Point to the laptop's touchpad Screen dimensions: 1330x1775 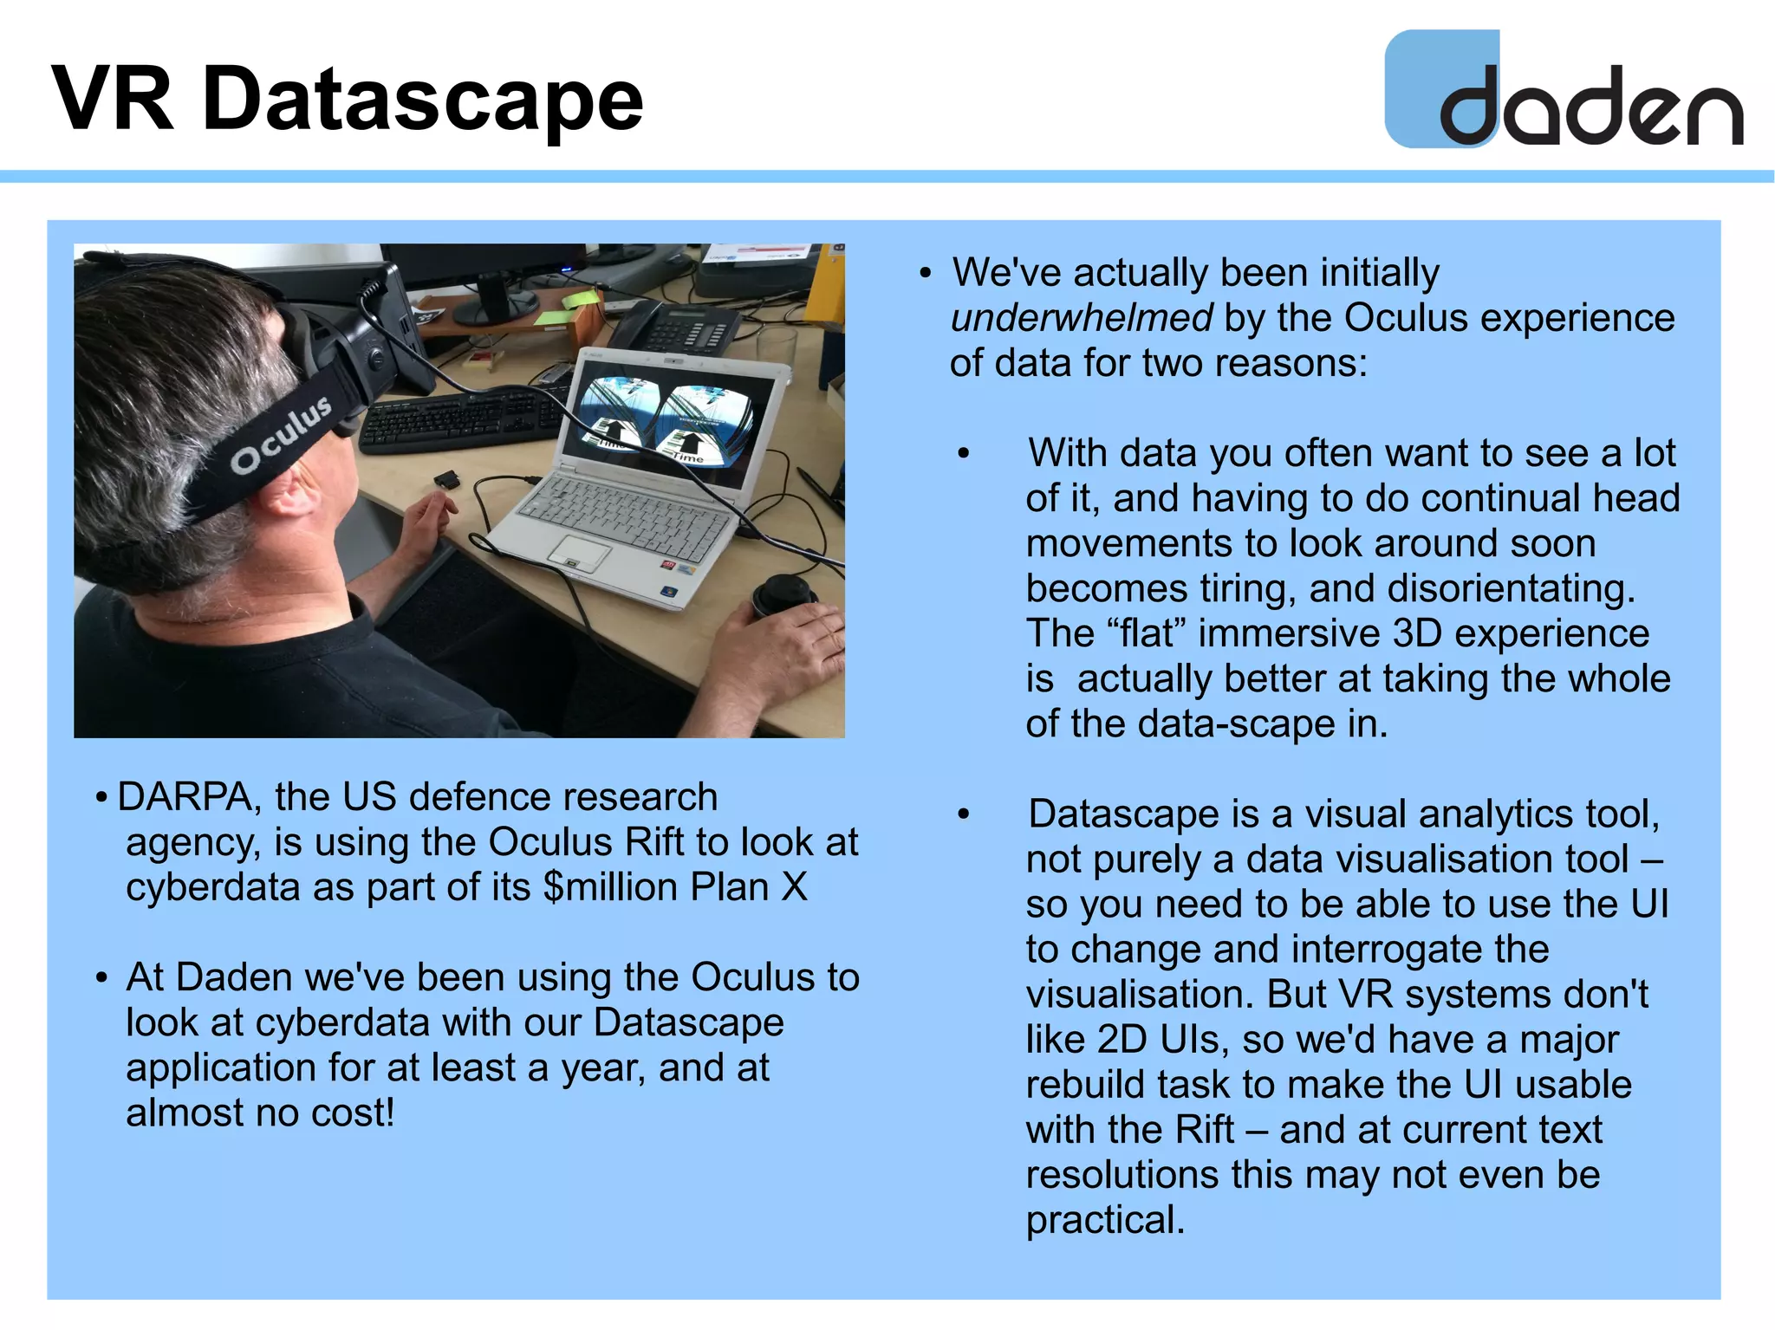coord(578,551)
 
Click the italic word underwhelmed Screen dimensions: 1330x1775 coord(1081,318)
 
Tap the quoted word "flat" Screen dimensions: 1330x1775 coord(1146,633)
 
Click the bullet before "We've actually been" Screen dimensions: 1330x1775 coord(925,274)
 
